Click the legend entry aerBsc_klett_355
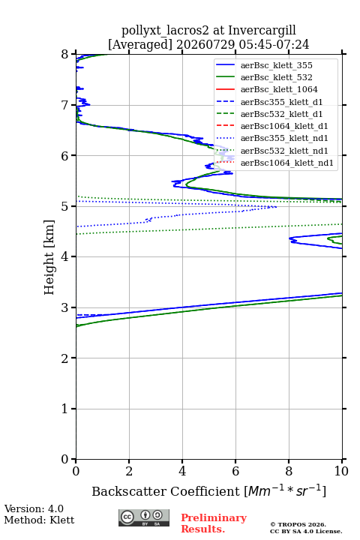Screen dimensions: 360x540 coord(264,65)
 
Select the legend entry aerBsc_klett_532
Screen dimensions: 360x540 coord(264,77)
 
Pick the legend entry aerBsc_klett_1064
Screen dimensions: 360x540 coord(267,89)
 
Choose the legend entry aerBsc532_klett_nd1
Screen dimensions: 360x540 coord(271,151)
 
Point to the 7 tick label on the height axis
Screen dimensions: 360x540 coord(64,105)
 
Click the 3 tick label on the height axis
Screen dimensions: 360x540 coord(64,307)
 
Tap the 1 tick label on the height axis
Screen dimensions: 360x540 coord(64,409)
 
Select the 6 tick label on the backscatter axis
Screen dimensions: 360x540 coord(235,471)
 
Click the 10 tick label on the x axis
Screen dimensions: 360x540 coord(341,471)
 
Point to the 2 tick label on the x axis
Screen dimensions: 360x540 coord(129,471)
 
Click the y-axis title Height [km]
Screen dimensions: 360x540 coord(49,257)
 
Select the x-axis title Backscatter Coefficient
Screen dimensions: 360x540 coord(166,491)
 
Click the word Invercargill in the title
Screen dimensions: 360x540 coord(262,30)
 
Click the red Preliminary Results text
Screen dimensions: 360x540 coord(214,523)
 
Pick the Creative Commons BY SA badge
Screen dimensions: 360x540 coord(144,517)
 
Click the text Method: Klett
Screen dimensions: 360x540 coord(39,520)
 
